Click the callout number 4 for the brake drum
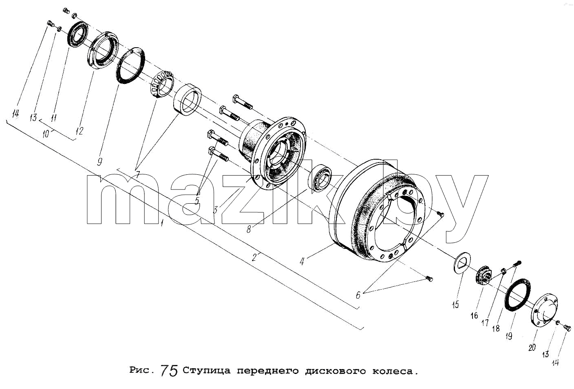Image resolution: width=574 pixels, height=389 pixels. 302,262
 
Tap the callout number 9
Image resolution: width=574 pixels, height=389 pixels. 100,162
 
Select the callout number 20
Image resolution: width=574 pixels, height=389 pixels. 532,347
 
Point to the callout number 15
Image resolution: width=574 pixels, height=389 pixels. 455,305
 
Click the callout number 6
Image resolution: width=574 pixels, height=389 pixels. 358,295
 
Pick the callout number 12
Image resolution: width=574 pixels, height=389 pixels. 79,131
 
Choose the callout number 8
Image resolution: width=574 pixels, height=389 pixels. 249,229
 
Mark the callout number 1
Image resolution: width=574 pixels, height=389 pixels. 162,223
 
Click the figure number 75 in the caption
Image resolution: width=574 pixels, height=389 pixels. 169,370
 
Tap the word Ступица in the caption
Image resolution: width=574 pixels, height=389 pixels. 207,371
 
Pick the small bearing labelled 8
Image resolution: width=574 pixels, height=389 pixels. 320,178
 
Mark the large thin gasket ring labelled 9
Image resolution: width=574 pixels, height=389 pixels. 130,65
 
